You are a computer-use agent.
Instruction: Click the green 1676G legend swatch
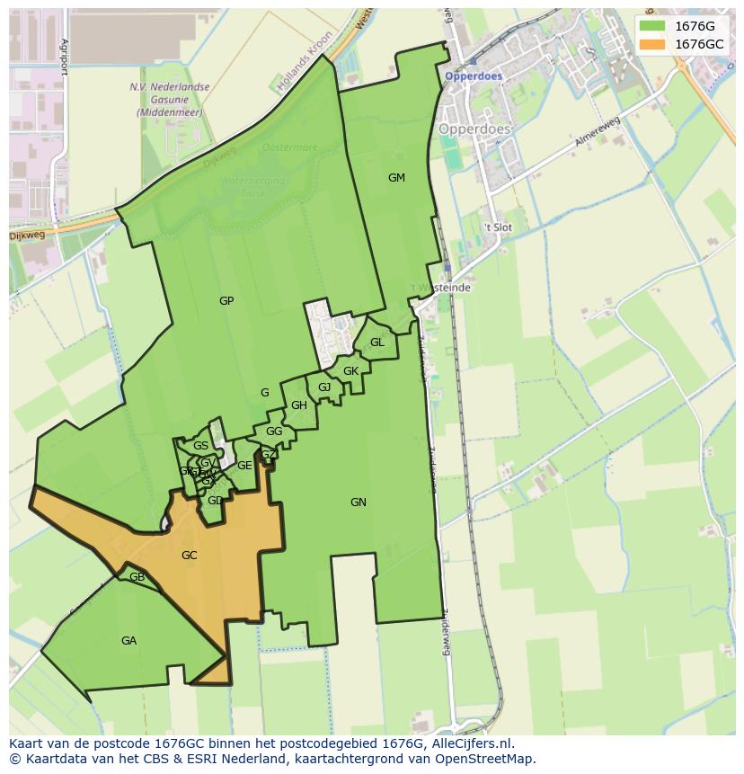click(x=652, y=26)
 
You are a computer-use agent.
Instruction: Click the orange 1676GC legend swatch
click(x=652, y=44)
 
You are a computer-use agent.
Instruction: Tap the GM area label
click(x=396, y=178)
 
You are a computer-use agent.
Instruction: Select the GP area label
click(x=226, y=301)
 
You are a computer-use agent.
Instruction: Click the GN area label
click(x=359, y=503)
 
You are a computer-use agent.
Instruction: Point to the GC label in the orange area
click(x=189, y=556)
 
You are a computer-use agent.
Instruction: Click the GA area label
click(x=128, y=641)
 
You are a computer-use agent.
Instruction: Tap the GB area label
click(x=137, y=577)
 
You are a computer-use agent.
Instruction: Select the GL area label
click(x=377, y=343)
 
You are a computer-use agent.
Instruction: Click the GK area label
click(x=350, y=371)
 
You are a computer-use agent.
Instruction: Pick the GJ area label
click(x=324, y=387)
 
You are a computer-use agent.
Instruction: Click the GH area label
click(x=299, y=405)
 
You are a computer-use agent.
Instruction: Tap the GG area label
click(x=274, y=431)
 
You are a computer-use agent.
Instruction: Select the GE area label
click(x=244, y=466)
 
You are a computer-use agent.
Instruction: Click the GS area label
click(x=200, y=446)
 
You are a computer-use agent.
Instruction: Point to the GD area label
click(x=215, y=501)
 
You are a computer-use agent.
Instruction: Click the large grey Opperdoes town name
click(x=474, y=129)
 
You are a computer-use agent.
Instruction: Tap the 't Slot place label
click(x=497, y=227)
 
